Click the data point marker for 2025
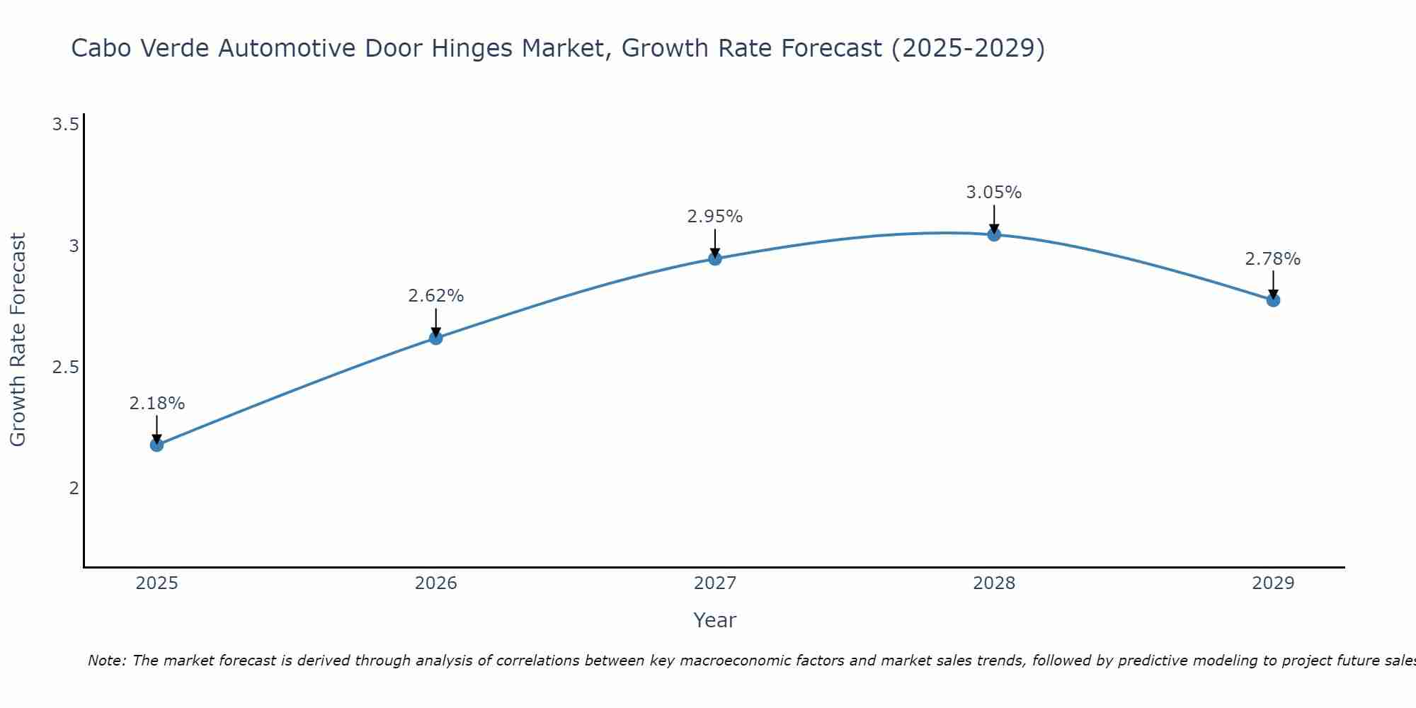tap(156, 445)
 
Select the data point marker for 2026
tap(435, 338)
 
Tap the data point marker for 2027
tap(715, 258)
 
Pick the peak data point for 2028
tap(994, 234)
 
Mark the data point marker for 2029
tap(1273, 300)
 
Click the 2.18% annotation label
tap(156, 404)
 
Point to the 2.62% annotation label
tap(435, 296)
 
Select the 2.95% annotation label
tap(715, 217)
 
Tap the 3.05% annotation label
tap(994, 193)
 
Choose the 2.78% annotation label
tap(1273, 259)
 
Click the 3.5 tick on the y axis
tap(65, 125)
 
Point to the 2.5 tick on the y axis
tap(65, 367)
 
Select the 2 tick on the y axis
tap(74, 489)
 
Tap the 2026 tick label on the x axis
tap(435, 583)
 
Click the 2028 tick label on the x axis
tap(994, 583)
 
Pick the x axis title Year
tap(715, 620)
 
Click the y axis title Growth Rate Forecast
tap(18, 340)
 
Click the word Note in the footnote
tap(105, 661)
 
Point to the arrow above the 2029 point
tap(1273, 285)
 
